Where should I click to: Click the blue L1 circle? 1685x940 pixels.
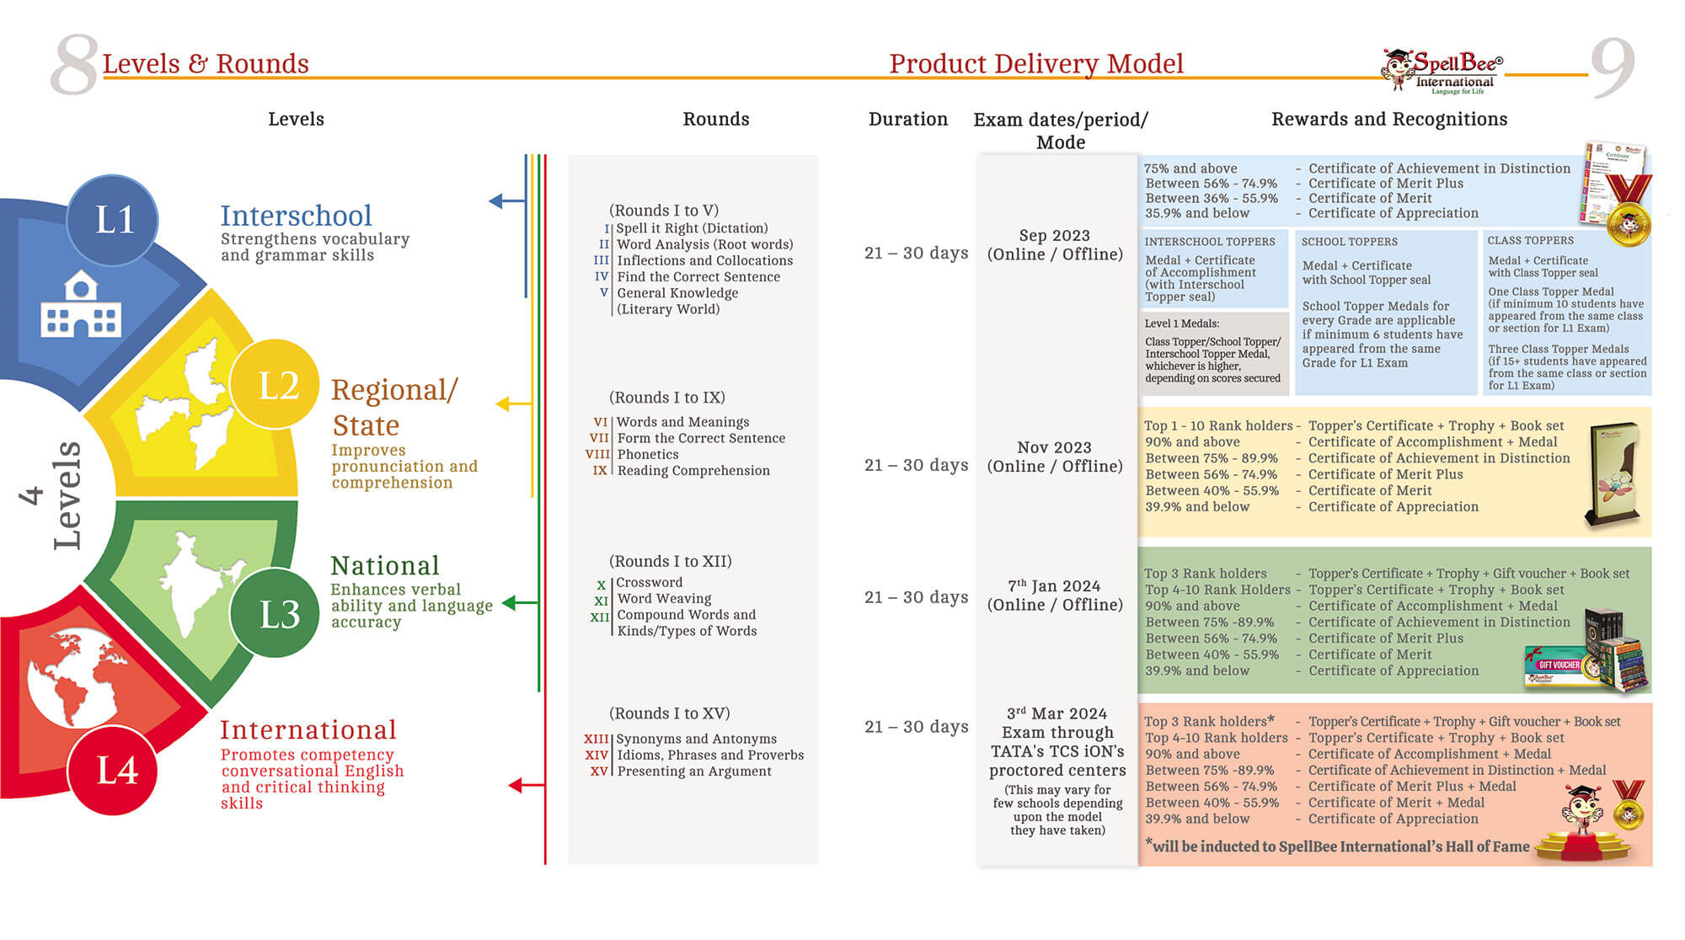point(113,220)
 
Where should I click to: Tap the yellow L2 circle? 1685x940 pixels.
point(275,385)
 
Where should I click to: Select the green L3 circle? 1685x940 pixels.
point(275,613)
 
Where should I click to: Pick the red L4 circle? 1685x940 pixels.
point(113,769)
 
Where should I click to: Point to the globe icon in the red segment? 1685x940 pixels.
point(72,678)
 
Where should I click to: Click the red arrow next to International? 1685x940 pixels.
point(527,785)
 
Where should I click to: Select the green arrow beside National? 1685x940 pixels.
point(520,603)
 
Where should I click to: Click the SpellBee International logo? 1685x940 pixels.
point(1442,71)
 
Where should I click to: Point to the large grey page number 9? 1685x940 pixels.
point(1612,67)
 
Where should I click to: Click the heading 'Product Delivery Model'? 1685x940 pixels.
point(1036,64)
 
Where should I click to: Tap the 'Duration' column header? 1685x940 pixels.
point(908,120)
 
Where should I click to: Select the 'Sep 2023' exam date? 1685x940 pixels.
point(1054,236)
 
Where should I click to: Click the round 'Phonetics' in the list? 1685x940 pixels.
point(647,454)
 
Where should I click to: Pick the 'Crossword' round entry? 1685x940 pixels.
point(649,582)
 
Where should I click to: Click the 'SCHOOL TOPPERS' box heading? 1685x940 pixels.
point(1349,242)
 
